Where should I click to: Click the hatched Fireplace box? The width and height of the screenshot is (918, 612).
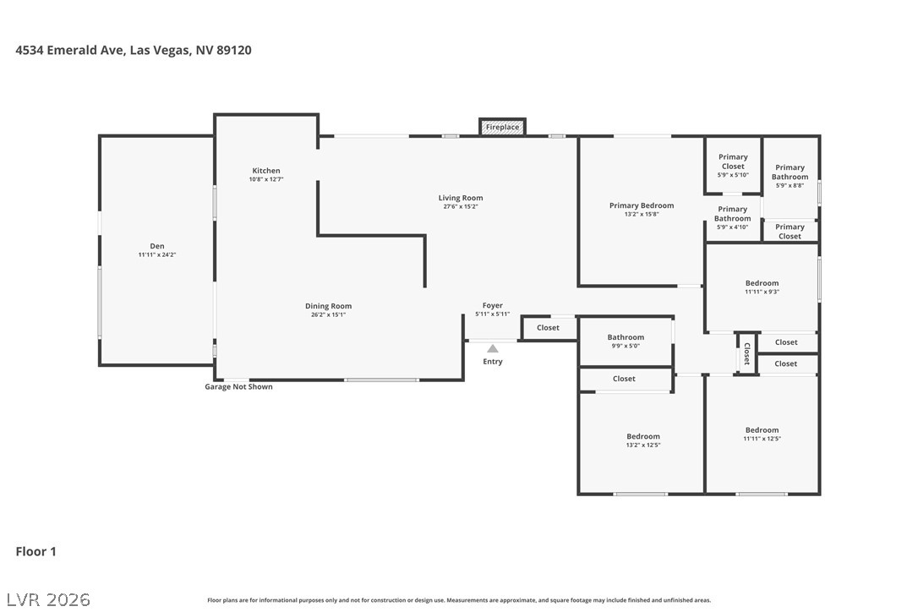502,127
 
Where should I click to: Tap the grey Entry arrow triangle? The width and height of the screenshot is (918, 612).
493,348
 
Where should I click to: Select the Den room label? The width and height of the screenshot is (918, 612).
157,246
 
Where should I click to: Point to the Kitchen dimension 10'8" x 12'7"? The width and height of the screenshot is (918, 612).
266,179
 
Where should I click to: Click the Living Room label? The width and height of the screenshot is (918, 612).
461,198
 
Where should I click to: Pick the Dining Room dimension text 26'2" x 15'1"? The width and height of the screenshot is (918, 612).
329,314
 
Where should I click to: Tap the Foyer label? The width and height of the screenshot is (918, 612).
492,305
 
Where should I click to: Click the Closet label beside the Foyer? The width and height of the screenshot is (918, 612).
548,327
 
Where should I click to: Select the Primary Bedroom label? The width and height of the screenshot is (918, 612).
642,205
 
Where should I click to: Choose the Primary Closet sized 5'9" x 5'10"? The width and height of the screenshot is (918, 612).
733,165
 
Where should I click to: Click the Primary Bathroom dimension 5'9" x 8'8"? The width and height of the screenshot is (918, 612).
790,186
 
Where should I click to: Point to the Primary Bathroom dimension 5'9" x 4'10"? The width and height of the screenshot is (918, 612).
732,227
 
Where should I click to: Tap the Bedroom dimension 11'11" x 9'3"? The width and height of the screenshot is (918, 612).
762,292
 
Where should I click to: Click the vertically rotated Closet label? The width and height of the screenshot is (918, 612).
747,353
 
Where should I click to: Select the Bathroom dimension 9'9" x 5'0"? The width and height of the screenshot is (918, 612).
626,346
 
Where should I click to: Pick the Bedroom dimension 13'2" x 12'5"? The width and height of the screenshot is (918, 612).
642,445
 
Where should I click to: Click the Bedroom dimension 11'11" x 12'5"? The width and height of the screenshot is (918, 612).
762,439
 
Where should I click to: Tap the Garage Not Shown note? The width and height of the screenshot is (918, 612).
238,386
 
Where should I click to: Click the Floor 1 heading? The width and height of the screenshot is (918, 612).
36,551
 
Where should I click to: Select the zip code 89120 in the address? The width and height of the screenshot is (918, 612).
234,50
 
